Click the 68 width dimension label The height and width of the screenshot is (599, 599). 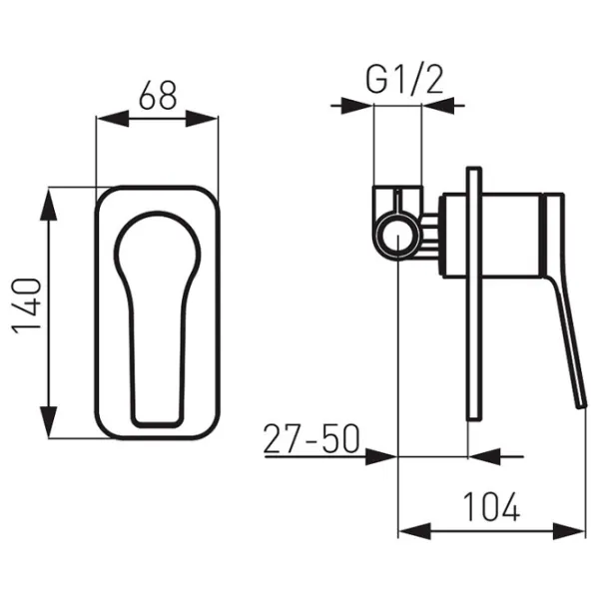tap(158, 95)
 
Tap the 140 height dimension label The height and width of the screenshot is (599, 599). tap(27, 306)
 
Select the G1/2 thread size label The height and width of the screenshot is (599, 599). tap(405, 80)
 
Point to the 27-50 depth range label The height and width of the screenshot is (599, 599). tap(311, 438)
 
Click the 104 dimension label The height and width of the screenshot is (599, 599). tap(491, 506)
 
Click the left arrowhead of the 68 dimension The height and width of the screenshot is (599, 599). tap(113, 119)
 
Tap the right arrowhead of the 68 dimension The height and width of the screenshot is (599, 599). tap(202, 119)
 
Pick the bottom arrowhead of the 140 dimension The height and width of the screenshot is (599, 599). tap(49, 421)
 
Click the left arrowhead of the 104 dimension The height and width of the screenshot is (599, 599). tap(415, 531)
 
